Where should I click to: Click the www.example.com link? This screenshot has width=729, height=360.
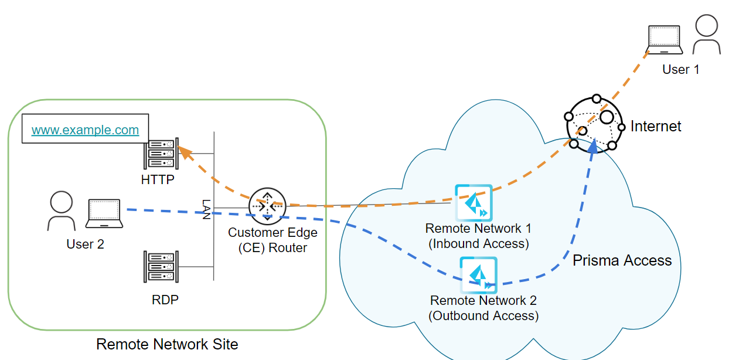85,130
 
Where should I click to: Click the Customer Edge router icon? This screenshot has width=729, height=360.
267,206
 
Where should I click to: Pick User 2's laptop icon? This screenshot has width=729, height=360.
104,213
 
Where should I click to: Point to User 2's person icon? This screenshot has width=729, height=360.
61,212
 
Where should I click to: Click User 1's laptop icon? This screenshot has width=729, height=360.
663,40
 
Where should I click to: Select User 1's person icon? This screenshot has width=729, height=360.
706,35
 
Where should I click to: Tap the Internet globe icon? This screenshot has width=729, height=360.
594,123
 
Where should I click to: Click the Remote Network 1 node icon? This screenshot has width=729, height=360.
473,202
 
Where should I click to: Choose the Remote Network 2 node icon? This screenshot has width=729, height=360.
478,274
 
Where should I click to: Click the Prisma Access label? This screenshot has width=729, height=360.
622,260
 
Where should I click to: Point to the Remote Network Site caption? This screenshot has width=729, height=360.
167,344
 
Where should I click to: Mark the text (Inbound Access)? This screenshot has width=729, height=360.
479,243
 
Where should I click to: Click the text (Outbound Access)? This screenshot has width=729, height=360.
483,315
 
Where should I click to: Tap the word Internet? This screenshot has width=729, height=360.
656,126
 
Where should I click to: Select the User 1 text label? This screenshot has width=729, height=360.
680,69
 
